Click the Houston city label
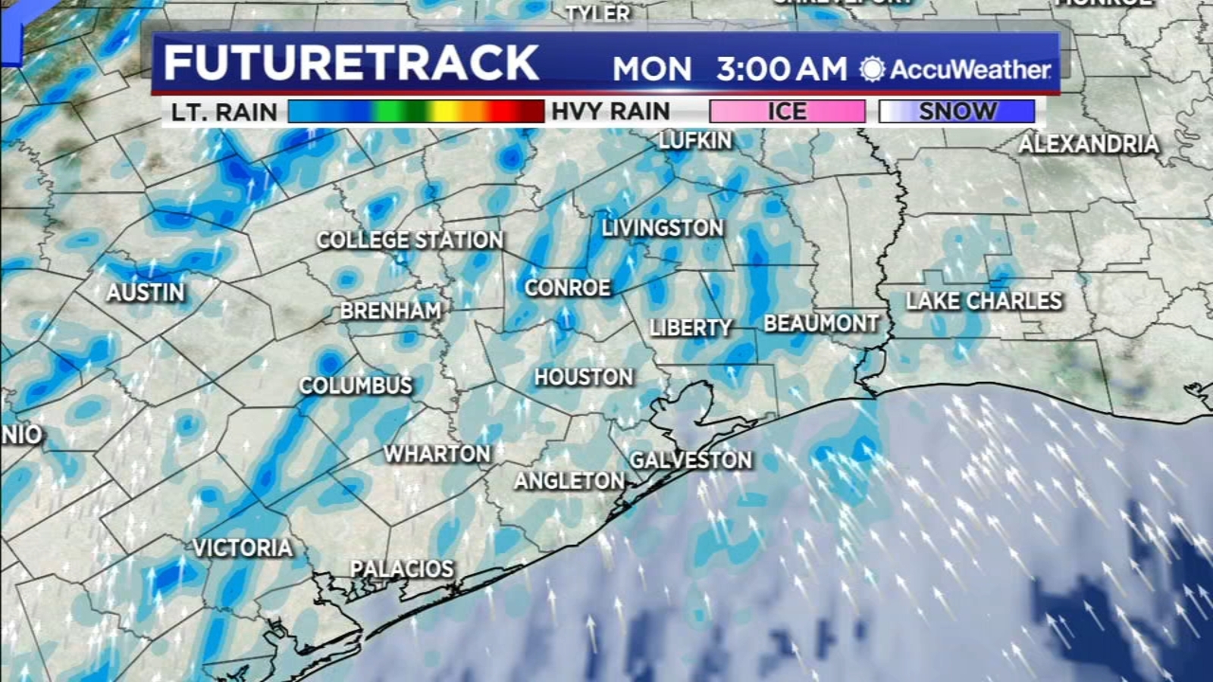583,377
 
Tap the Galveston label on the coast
691,459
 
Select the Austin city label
146,292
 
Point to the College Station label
409,240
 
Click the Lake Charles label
983,301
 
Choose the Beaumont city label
821,324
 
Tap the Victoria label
243,547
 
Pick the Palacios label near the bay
402,568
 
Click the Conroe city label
568,288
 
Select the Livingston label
663,227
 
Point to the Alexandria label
1089,144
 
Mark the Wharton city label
437,454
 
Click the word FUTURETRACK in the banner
351,63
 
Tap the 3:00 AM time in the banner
781,69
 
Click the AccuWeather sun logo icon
872,69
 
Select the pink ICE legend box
787,111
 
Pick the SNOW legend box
957,111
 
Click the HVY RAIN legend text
610,111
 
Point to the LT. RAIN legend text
224,112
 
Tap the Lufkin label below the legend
694,140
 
